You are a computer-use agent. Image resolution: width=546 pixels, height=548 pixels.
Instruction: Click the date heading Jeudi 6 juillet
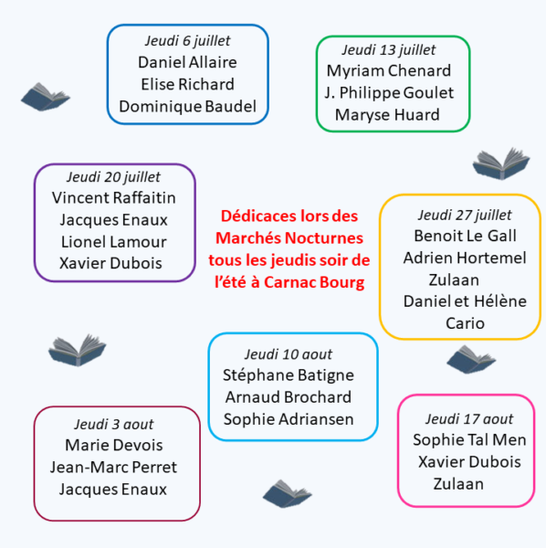[187, 41]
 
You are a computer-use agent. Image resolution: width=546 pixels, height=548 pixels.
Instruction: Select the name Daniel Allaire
[187, 62]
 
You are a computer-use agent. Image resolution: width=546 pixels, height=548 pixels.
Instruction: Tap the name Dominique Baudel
[187, 107]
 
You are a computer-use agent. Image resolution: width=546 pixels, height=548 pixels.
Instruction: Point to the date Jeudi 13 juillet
[388, 50]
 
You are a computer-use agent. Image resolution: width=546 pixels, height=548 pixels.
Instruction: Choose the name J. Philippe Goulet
[389, 93]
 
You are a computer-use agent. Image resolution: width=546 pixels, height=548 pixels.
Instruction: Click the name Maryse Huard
[387, 115]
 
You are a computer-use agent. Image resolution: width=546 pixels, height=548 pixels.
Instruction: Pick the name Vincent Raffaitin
[114, 198]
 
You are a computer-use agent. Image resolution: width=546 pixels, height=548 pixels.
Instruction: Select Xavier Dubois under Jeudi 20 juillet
[110, 263]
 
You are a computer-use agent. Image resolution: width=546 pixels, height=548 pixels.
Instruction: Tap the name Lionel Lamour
[114, 242]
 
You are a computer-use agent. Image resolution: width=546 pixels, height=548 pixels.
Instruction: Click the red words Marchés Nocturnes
[289, 238]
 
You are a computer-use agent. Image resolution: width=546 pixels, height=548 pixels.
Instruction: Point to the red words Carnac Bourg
[314, 282]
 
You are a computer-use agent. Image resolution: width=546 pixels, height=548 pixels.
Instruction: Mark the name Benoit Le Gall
[465, 236]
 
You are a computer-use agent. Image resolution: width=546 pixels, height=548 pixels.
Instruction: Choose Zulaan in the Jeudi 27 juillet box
[454, 280]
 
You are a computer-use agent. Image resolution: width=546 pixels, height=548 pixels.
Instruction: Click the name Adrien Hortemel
[465, 258]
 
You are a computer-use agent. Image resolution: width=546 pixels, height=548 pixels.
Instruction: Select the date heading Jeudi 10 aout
[289, 354]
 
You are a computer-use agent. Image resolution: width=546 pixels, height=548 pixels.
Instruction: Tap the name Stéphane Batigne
[289, 375]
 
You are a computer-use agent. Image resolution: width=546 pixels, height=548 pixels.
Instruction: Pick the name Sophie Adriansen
[289, 419]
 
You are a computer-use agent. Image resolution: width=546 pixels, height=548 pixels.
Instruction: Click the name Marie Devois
[114, 446]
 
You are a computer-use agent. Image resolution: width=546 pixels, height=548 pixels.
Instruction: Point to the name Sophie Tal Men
[469, 440]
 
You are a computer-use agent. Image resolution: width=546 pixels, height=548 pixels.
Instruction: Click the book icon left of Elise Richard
[46, 97]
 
